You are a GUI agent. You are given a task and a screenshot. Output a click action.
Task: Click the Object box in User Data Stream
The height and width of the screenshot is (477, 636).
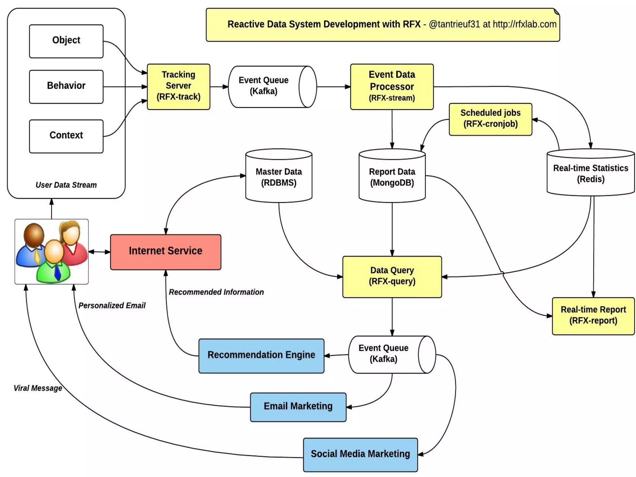tap(66, 41)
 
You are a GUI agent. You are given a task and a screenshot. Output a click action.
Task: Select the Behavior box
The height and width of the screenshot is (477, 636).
tap(66, 86)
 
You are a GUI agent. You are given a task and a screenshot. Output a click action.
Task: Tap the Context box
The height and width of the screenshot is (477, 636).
tap(66, 136)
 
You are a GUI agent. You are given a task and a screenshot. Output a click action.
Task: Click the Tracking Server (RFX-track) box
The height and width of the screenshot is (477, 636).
tap(178, 86)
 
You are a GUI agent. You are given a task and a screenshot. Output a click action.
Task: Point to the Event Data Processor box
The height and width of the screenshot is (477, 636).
tap(392, 86)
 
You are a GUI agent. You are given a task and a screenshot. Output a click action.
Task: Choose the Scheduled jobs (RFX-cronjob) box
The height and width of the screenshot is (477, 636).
tap(490, 119)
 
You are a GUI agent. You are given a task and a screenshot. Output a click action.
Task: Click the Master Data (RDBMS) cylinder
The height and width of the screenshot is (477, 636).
tap(279, 177)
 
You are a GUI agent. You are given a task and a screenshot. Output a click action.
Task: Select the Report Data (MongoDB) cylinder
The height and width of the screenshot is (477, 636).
tap(392, 177)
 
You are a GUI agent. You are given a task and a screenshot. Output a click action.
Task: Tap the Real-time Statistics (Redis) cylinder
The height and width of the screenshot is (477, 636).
tap(590, 174)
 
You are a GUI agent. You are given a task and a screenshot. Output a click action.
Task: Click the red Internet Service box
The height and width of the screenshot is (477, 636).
tap(166, 252)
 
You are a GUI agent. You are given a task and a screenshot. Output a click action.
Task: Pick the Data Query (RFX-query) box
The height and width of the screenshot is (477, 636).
tap(392, 276)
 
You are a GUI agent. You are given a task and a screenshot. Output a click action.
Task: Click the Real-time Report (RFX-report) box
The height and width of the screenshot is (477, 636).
tap(593, 316)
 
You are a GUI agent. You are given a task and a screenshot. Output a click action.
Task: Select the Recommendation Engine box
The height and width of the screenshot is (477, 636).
tap(261, 356)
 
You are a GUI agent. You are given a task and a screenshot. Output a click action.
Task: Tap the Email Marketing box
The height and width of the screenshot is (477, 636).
tap(298, 407)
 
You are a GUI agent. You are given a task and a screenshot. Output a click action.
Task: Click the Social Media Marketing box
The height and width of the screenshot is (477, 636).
tap(360, 454)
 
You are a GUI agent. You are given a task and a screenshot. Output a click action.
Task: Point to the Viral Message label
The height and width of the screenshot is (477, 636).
tap(38, 388)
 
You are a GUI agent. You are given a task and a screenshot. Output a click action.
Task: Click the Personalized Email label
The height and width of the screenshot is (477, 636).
tap(112, 306)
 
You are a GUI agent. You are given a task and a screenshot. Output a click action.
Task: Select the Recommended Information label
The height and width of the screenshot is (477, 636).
tap(216, 292)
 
